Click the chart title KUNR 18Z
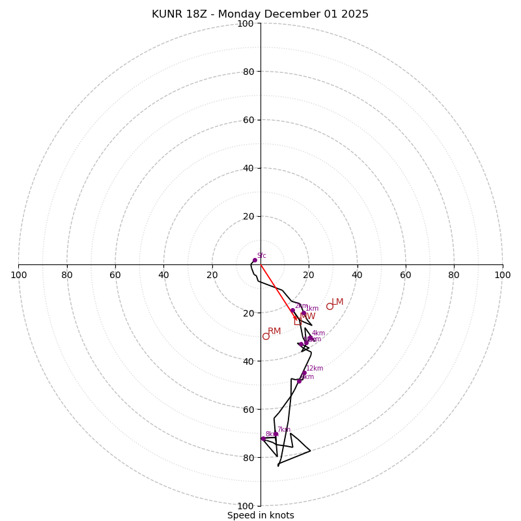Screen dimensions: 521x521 point(260,14)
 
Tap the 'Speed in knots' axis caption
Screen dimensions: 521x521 point(260,515)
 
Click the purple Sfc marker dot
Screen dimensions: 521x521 point(255,260)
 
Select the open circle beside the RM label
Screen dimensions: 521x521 point(266,336)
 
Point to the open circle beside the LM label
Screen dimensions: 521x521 point(330,306)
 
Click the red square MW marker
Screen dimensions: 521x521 point(298,321)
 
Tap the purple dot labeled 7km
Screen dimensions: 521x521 point(275,434)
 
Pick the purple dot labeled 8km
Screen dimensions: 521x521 point(263,438)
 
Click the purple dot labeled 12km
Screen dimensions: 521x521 point(304,373)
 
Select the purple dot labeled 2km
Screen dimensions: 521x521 point(292,310)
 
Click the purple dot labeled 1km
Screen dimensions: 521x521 point(303,313)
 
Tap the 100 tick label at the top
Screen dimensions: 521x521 point(245,23)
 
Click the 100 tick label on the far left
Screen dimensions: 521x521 point(18,275)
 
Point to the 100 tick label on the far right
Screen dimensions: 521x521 point(502,275)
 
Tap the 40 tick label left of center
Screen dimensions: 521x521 point(163,275)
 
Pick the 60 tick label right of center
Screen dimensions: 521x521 point(405,275)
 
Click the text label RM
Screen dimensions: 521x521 point(274,331)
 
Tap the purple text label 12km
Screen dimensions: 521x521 point(315,368)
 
